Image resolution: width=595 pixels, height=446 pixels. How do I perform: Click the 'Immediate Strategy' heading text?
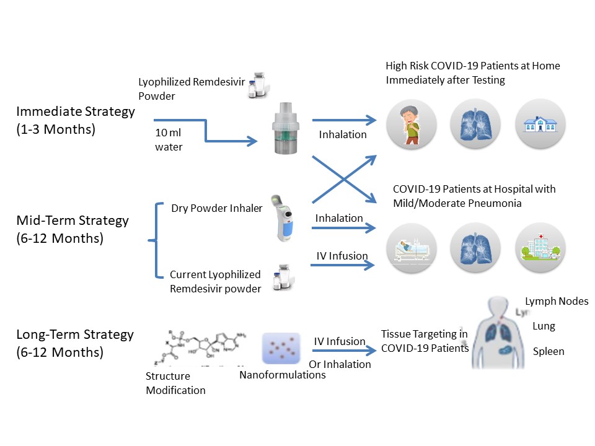click(75, 112)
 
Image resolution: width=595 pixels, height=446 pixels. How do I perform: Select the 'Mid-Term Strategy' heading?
click(72, 220)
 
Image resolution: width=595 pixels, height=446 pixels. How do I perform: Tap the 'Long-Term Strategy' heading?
click(75, 334)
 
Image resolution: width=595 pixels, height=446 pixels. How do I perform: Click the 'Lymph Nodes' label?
click(556, 302)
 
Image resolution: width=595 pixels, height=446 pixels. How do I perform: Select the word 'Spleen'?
click(549, 351)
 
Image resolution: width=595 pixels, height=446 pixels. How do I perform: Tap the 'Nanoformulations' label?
click(282, 374)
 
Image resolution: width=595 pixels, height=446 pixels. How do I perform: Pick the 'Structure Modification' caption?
click(175, 383)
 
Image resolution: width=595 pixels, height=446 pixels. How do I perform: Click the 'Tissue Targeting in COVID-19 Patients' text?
click(424, 341)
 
